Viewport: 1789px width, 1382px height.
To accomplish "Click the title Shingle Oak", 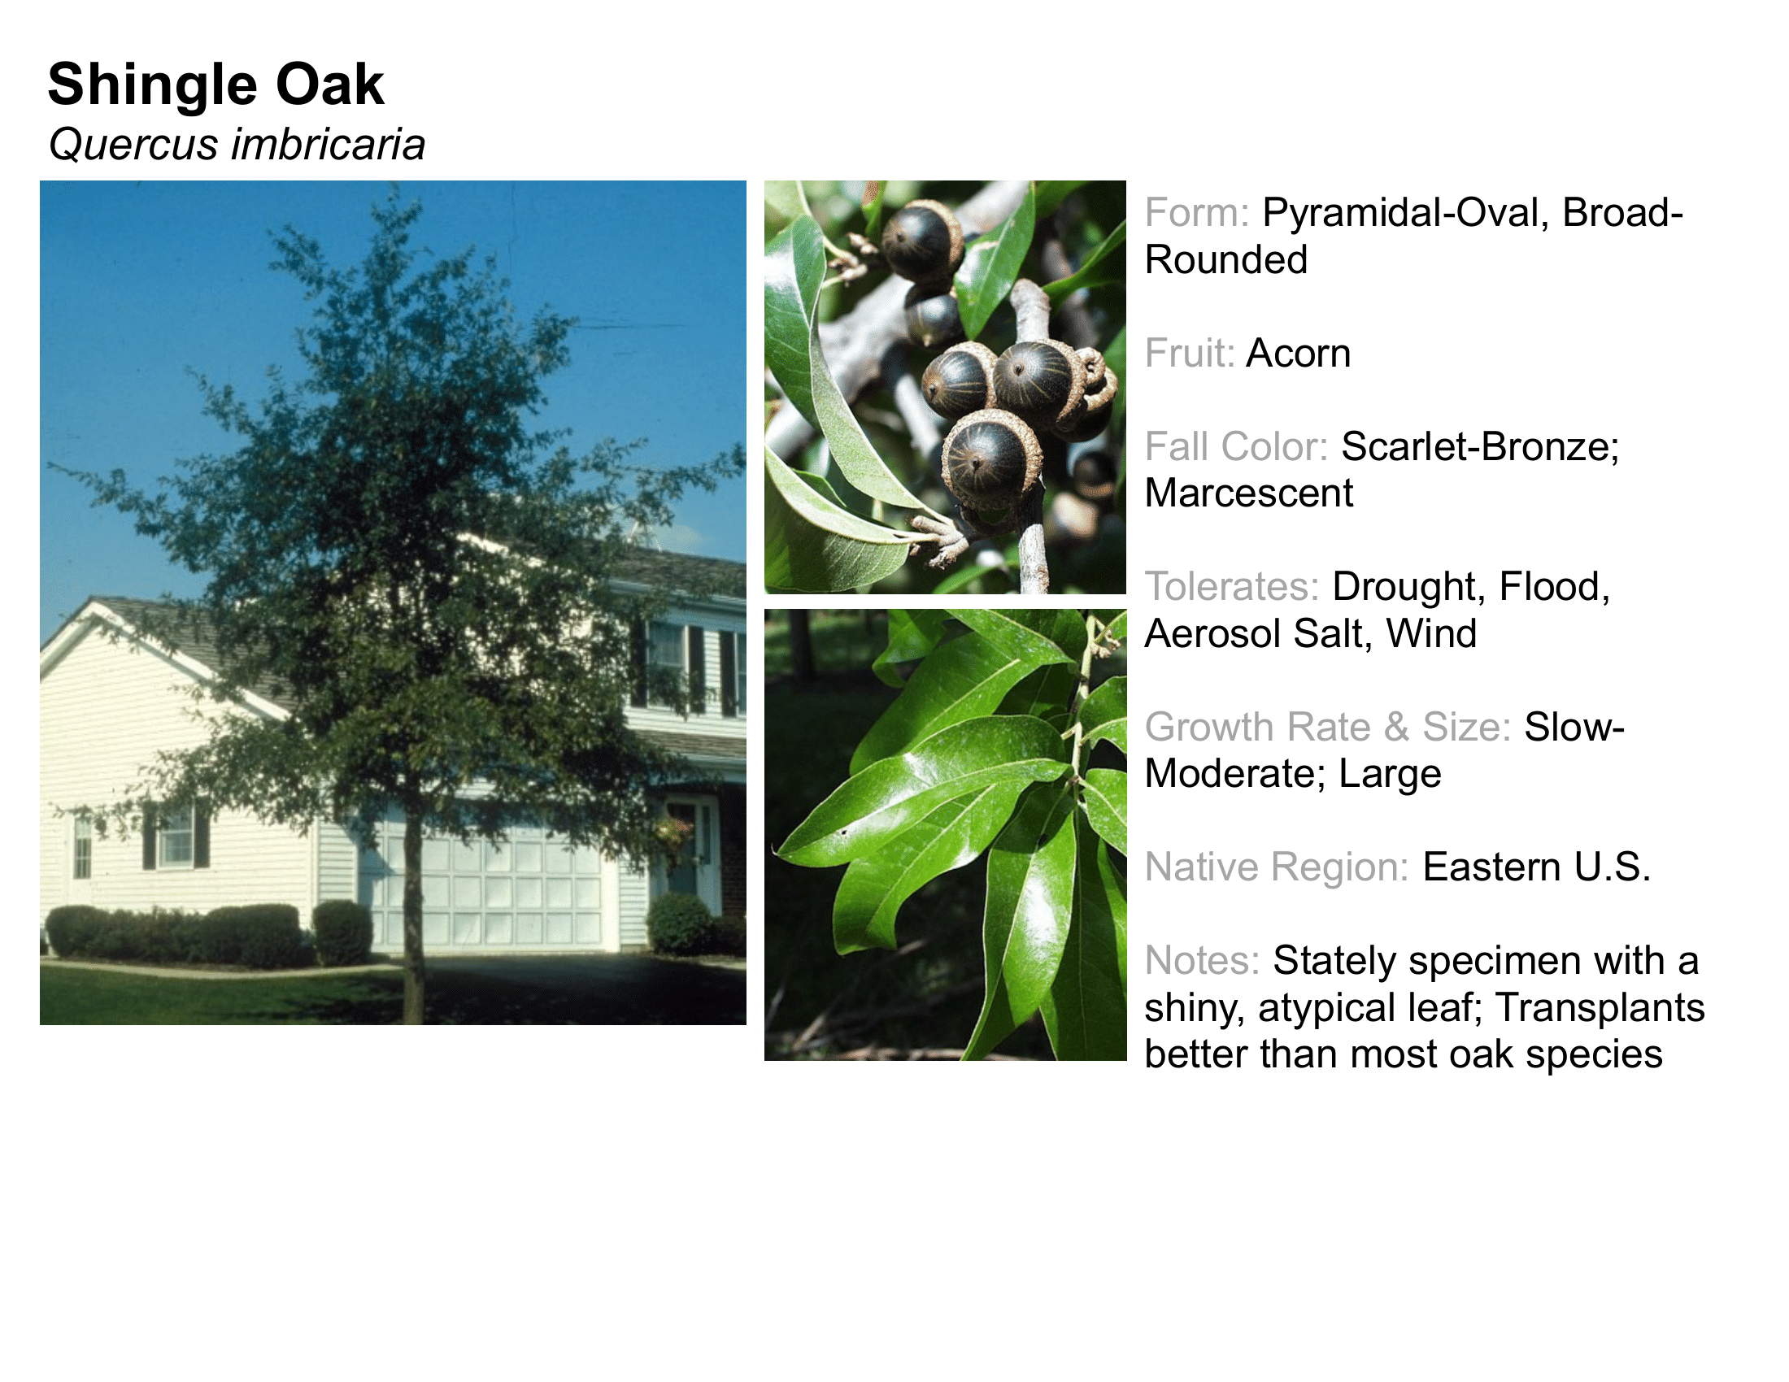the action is [216, 85].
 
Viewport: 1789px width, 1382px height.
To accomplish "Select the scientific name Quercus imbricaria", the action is [237, 145].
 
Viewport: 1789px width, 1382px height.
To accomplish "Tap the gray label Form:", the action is [1197, 213].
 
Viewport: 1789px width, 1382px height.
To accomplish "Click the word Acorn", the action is [1299, 354].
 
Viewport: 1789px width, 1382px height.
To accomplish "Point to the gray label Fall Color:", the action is [1236, 447].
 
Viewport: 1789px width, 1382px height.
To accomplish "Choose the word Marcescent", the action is [1248, 493].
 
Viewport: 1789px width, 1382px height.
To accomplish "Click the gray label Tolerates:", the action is [1232, 587].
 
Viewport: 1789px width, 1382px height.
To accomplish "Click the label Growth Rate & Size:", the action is [1328, 727].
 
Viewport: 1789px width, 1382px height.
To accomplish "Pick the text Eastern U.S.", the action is [1536, 867].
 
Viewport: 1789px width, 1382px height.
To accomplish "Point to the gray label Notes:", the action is [1202, 961].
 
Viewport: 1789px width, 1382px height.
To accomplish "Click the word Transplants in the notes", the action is [1600, 1008].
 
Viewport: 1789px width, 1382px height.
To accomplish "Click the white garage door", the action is [491, 889].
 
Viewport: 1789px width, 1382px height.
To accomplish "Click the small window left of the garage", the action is [176, 835].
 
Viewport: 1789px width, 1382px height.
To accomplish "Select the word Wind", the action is [1431, 634].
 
